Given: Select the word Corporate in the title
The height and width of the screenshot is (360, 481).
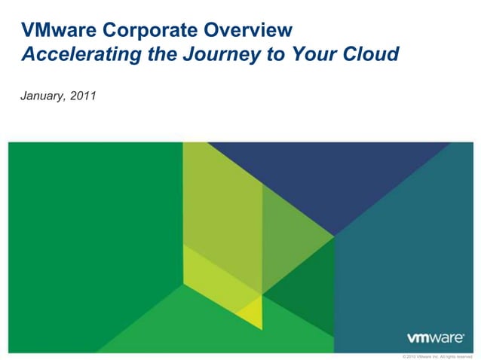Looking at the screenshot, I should click(x=130, y=31).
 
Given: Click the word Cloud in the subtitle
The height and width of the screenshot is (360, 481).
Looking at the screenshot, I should click(x=366, y=55).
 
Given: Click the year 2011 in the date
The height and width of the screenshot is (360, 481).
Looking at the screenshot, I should click(x=83, y=98).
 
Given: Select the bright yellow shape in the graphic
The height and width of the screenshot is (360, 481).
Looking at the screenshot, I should click(x=249, y=310).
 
